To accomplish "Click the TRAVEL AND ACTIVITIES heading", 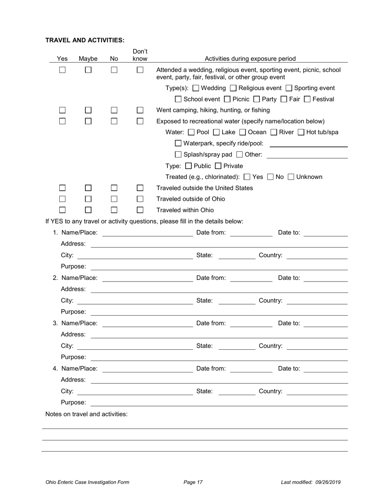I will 85,40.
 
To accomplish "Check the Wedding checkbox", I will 196,88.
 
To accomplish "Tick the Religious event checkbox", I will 233,88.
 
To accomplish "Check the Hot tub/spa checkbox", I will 301,132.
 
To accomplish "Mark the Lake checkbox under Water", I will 217,132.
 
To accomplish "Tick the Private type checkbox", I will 218,166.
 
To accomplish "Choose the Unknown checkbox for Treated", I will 291,177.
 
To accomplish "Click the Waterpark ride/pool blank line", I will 308,144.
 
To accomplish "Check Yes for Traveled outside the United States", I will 62,188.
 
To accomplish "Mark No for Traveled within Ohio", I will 114,210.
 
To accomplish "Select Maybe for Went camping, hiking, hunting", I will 88,110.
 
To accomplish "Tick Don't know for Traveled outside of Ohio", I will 140,199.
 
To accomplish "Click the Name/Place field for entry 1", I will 147,233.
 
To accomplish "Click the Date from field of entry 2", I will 251,278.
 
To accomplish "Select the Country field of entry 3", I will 317,346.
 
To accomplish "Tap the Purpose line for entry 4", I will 219,402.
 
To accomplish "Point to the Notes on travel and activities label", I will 87,414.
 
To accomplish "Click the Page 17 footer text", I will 193,482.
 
